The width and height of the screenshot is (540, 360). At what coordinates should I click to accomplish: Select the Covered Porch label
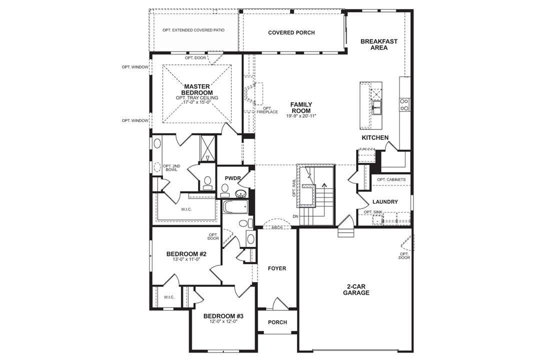[291, 33]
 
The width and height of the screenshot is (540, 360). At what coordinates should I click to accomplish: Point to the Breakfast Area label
[379, 44]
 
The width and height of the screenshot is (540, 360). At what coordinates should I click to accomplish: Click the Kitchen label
[375, 137]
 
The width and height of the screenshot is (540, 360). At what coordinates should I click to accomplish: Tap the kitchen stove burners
[404, 104]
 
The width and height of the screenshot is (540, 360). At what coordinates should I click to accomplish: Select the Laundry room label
[385, 202]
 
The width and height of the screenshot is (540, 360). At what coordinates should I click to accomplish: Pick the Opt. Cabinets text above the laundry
[391, 179]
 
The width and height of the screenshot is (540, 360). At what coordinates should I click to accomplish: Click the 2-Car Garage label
[356, 289]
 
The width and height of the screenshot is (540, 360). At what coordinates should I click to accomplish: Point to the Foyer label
[277, 268]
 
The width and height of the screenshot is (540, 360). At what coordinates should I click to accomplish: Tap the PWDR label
[232, 177]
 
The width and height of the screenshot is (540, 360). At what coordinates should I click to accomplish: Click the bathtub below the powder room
[235, 206]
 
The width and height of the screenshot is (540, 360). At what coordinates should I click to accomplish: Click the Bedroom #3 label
[223, 316]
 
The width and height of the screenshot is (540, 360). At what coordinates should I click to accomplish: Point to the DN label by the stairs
[295, 216]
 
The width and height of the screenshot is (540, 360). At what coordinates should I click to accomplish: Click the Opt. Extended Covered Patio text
[193, 30]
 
